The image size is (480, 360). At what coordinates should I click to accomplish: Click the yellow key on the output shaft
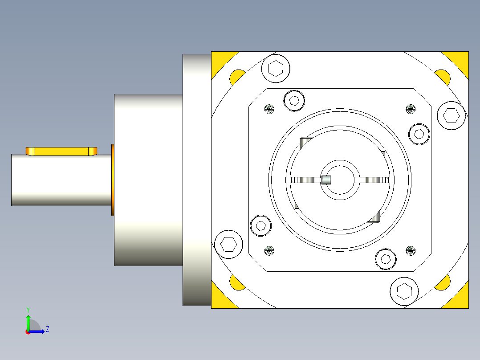point(61,151)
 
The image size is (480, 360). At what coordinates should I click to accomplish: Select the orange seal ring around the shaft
point(113,180)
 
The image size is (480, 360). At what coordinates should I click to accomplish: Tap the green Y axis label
point(28,309)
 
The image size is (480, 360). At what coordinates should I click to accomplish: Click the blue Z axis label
point(47,329)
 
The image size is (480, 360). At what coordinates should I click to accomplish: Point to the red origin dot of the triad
point(28,332)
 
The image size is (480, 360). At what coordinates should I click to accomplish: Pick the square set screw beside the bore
point(326,180)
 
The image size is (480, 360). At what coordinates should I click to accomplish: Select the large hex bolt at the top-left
point(276,69)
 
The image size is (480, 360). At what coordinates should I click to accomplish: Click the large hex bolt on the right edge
point(451,115)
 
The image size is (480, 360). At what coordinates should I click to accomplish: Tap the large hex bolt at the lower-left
point(228,244)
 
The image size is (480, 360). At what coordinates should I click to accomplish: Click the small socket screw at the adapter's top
point(294,100)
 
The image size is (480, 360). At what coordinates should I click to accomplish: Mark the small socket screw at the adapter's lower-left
point(261,225)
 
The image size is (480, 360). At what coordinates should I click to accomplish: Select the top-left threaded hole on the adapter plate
point(269,109)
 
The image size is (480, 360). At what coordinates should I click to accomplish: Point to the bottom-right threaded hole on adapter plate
point(410,250)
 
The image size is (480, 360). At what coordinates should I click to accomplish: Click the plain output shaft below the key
point(61,180)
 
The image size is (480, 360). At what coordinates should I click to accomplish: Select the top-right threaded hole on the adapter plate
point(410,109)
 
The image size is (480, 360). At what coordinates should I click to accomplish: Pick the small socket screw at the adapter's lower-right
point(386,258)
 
